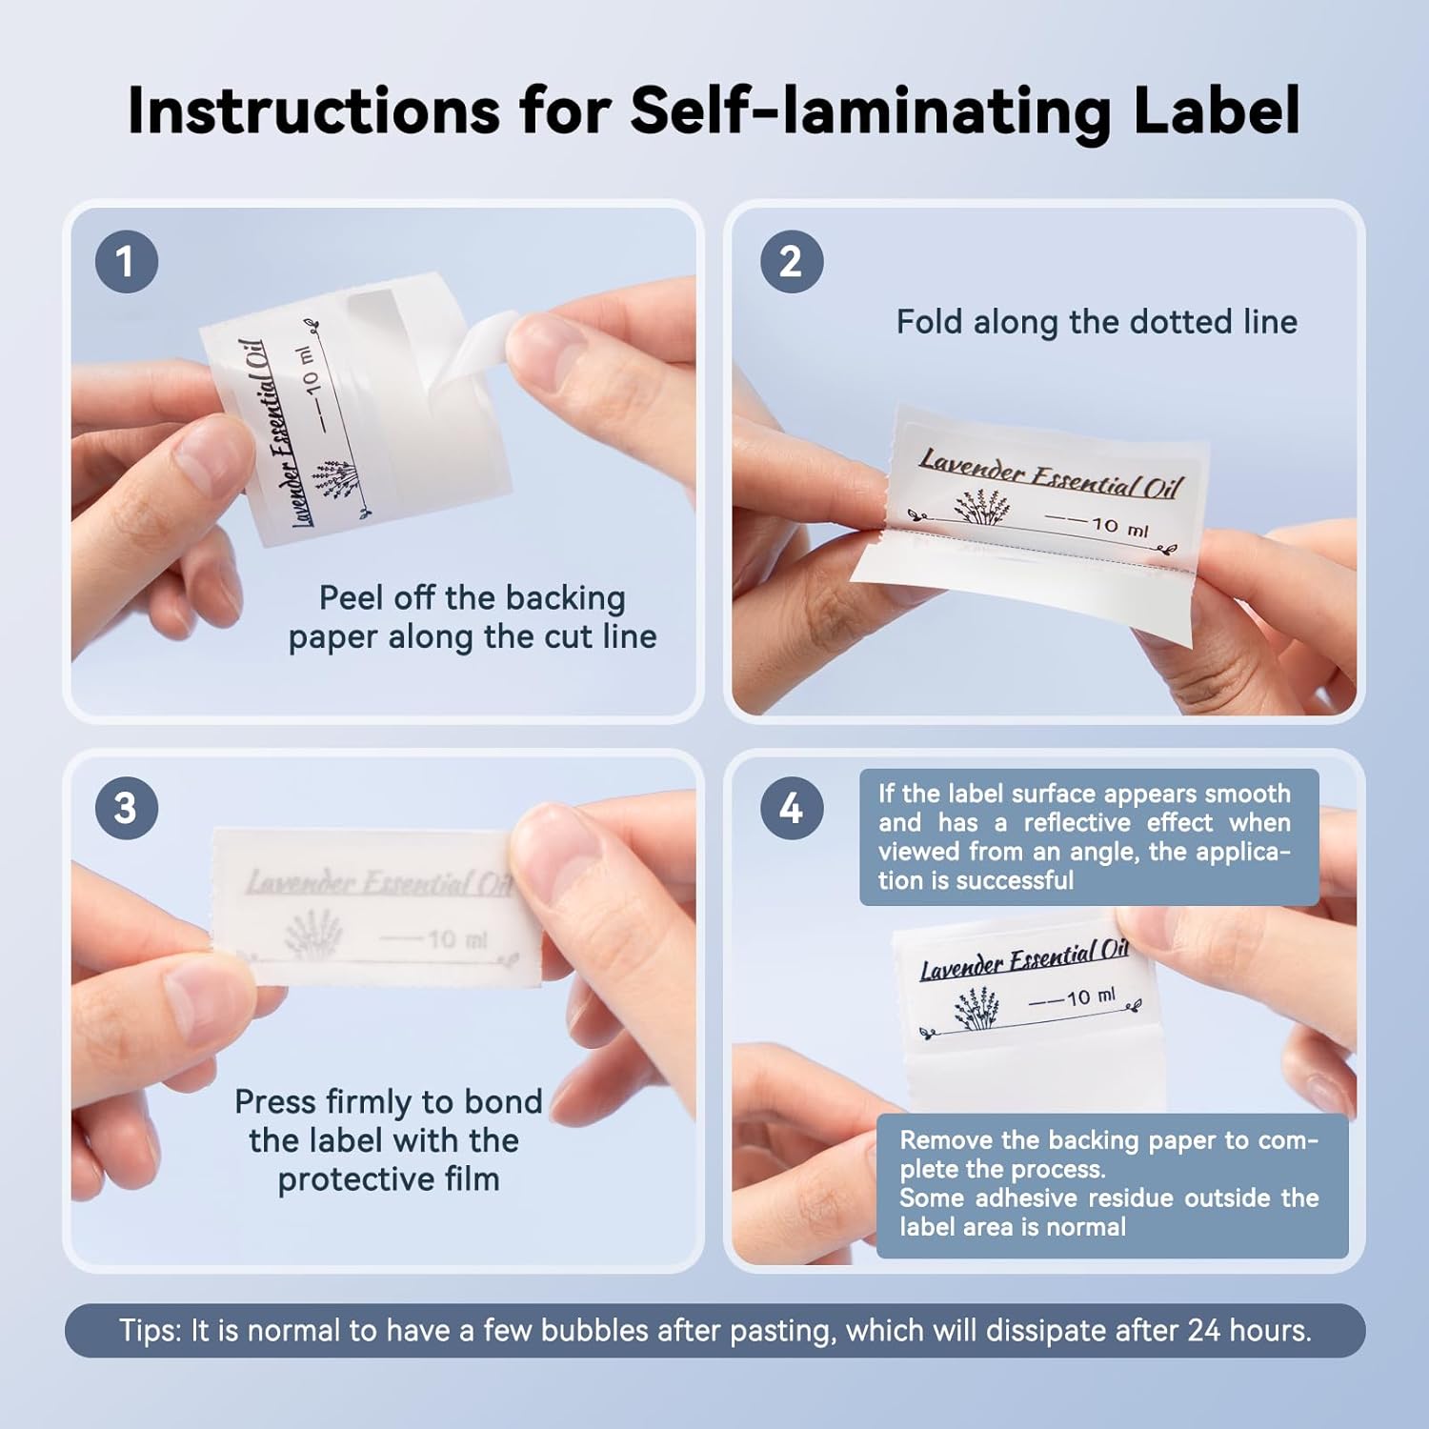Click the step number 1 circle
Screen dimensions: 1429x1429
point(126,262)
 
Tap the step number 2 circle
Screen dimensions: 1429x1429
point(791,262)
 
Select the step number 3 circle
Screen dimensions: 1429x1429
point(126,808)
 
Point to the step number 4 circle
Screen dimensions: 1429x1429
point(791,808)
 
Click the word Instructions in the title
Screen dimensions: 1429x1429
point(313,110)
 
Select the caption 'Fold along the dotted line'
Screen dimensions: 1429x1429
point(1097,322)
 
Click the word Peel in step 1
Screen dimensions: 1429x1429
point(351,598)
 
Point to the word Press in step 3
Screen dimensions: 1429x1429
point(275,1101)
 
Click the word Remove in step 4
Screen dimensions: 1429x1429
point(947,1140)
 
